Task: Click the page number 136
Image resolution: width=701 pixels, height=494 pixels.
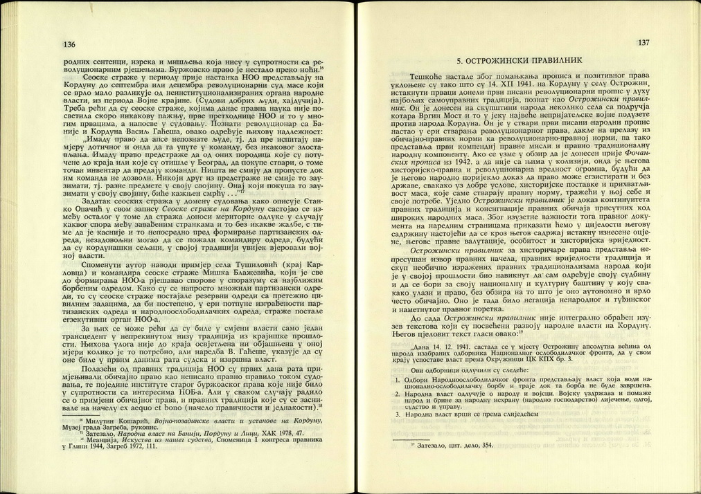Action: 69,45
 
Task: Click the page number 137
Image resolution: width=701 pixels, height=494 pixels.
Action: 643,43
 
